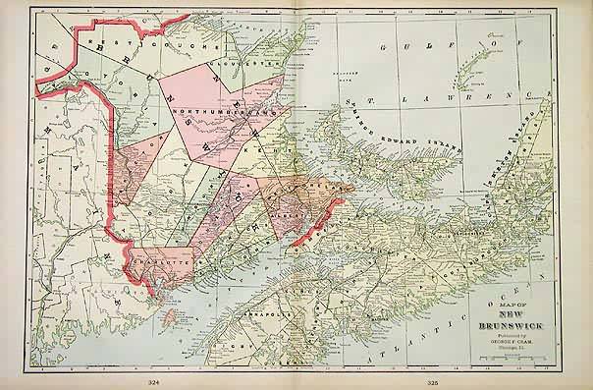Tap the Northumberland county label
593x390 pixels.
(x=217, y=115)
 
